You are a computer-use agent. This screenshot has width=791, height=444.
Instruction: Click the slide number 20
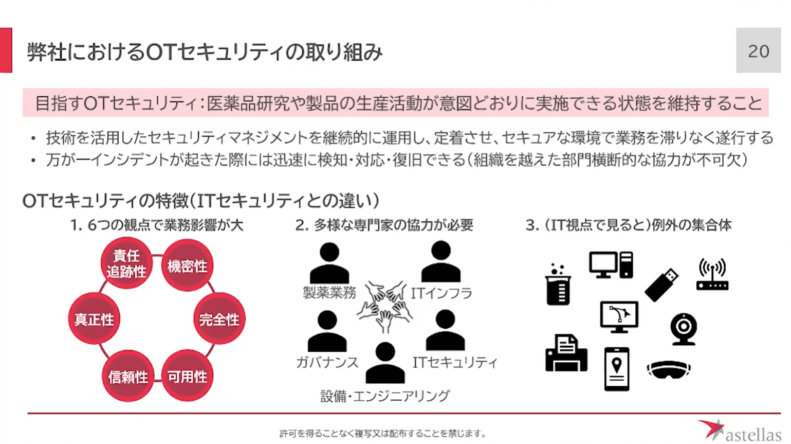tap(758, 51)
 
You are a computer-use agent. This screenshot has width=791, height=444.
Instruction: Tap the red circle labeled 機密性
tap(187, 266)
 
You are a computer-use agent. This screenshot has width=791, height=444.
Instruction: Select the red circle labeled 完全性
tap(219, 319)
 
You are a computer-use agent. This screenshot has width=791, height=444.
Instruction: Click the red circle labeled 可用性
tap(187, 376)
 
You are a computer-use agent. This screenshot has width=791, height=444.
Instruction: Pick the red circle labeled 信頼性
tap(128, 376)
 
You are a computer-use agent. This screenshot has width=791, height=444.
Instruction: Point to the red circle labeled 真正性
tap(94, 319)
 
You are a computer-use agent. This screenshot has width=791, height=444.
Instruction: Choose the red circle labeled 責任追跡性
tap(126, 263)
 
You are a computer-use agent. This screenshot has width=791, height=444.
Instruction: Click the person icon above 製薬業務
tap(329, 263)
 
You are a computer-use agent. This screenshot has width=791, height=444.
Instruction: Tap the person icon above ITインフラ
tap(440, 261)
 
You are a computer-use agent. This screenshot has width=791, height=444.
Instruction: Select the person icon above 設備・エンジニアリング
tap(385, 363)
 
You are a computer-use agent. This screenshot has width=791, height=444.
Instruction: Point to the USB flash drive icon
tap(661, 285)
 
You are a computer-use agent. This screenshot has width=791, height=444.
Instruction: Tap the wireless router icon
tap(712, 275)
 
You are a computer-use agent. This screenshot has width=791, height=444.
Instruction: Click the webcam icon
tap(684, 328)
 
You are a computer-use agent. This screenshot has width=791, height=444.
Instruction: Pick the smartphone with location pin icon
tap(617, 369)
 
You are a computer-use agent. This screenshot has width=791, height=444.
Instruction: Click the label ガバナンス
tap(327, 362)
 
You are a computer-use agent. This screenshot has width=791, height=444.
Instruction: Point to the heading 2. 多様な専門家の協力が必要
tap(384, 225)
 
